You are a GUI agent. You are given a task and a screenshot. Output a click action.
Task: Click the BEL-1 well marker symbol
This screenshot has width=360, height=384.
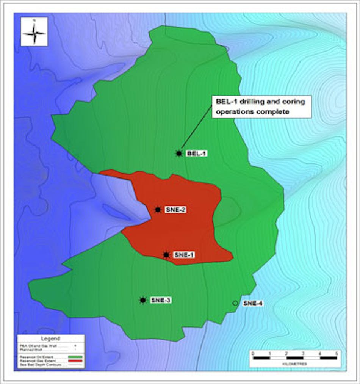click(179, 153)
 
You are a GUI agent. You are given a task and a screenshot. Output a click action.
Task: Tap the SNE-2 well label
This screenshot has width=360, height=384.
click(175, 210)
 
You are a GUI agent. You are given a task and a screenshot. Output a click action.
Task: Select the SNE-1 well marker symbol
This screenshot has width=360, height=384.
click(166, 255)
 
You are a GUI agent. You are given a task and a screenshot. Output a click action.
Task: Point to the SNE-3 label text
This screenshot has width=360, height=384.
click(161, 300)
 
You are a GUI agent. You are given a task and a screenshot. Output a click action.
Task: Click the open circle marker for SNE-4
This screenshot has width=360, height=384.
click(235, 303)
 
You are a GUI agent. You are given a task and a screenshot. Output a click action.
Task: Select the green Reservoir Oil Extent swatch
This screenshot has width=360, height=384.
click(75, 357)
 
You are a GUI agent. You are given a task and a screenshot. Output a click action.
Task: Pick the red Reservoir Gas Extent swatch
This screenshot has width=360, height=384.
click(75, 360)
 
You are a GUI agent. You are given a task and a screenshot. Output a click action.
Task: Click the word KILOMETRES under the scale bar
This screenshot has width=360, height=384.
click(294, 364)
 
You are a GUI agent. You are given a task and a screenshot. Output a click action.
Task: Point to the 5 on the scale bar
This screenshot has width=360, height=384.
click(336, 353)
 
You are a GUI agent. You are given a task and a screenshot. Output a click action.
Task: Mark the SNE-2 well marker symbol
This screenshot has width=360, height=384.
click(158, 210)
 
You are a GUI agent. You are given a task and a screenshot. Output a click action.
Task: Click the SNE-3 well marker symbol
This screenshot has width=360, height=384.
click(143, 300)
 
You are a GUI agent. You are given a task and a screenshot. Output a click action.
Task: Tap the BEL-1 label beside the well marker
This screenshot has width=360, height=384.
click(197, 154)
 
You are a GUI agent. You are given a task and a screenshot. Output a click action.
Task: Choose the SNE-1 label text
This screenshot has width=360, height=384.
click(184, 255)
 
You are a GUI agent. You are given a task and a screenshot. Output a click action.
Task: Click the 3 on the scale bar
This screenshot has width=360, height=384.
click(303, 353)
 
